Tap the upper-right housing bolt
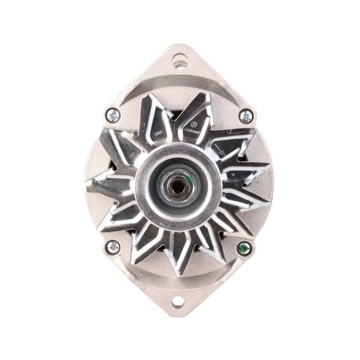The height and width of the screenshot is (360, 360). pyautogui.click(x=246, y=114)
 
